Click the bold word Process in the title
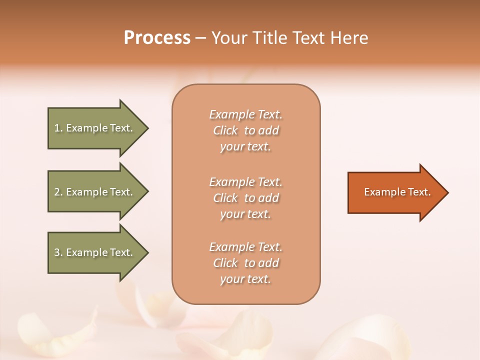pyautogui.click(x=157, y=38)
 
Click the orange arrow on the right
pyautogui.click(x=395, y=192)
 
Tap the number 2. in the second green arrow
pyautogui.click(x=58, y=192)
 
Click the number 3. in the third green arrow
pyautogui.click(x=58, y=252)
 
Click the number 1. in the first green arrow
pyautogui.click(x=58, y=128)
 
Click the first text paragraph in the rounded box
pyautogui.click(x=245, y=130)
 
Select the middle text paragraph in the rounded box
pyautogui.click(x=245, y=198)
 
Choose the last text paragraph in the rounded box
pyautogui.click(x=245, y=263)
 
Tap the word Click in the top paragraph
pyautogui.click(x=225, y=131)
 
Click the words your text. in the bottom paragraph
pyautogui.click(x=245, y=279)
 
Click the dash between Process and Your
pyautogui.click(x=201, y=38)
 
